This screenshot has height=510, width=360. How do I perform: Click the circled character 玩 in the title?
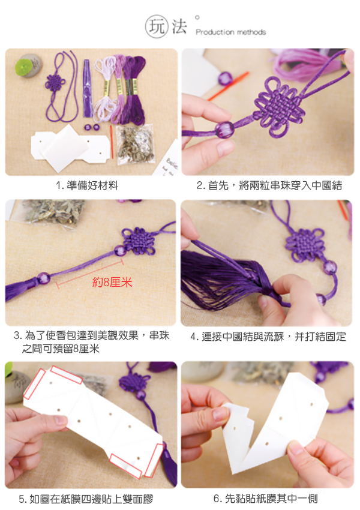point(157,26)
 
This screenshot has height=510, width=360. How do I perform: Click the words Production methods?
point(231,32)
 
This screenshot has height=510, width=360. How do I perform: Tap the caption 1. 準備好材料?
point(87,185)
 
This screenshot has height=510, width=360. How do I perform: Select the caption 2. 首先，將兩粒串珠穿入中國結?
point(269,185)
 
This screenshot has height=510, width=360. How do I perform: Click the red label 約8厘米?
point(112,282)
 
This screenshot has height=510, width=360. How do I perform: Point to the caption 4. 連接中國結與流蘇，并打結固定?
point(268,337)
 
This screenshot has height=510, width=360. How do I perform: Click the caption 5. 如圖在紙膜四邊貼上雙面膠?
point(86,499)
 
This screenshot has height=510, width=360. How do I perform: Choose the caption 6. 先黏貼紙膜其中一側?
point(265,498)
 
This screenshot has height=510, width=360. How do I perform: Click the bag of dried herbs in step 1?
point(135,143)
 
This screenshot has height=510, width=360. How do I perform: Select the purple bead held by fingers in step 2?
point(224,130)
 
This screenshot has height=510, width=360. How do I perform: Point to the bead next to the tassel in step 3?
point(43,278)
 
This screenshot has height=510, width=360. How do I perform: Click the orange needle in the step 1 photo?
point(111,142)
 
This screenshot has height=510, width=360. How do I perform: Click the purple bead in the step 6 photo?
point(350,404)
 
